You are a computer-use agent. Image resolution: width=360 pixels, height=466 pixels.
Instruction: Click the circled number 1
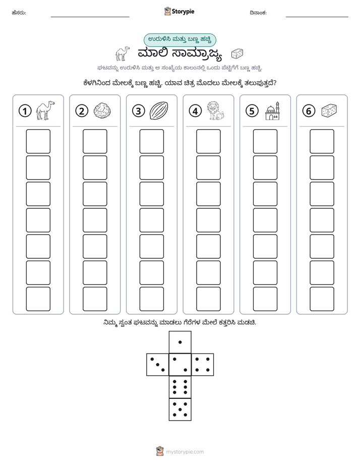[25, 111]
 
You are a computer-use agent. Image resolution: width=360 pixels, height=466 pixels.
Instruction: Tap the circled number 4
[195, 111]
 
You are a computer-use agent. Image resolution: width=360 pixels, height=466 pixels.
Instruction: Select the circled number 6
[309, 111]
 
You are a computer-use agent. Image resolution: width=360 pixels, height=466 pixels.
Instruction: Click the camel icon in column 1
[45, 110]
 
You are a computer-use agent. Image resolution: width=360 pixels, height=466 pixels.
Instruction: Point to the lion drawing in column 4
[215, 110]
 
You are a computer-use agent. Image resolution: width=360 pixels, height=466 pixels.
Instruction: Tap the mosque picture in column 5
[272, 111]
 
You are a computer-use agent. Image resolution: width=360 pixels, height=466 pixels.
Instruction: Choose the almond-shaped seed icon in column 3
[159, 110]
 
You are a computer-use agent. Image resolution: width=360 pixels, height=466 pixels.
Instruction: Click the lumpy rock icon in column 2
[102, 111]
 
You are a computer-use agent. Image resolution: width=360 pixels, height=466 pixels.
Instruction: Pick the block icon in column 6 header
[329, 110]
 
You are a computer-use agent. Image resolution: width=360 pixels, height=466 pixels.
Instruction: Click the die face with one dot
[180, 342]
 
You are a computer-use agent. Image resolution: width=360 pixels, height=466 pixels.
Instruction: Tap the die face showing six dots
[180, 387]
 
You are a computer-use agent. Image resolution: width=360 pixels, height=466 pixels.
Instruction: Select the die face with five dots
[180, 410]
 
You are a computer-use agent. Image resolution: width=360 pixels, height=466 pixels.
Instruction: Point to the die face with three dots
[158, 364]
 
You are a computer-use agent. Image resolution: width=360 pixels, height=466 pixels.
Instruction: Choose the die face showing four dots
[203, 364]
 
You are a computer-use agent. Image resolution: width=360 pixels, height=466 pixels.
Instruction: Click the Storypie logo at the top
[179, 12]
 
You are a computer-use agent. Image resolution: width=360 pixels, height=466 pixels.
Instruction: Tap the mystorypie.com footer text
[185, 452]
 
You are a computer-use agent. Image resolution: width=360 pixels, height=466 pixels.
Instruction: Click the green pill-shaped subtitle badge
[179, 40]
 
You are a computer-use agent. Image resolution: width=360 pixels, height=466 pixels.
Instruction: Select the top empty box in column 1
[38, 141]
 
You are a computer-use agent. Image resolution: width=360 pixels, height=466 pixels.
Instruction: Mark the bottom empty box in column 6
[322, 299]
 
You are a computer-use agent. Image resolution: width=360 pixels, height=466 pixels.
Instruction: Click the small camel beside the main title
[123, 54]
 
